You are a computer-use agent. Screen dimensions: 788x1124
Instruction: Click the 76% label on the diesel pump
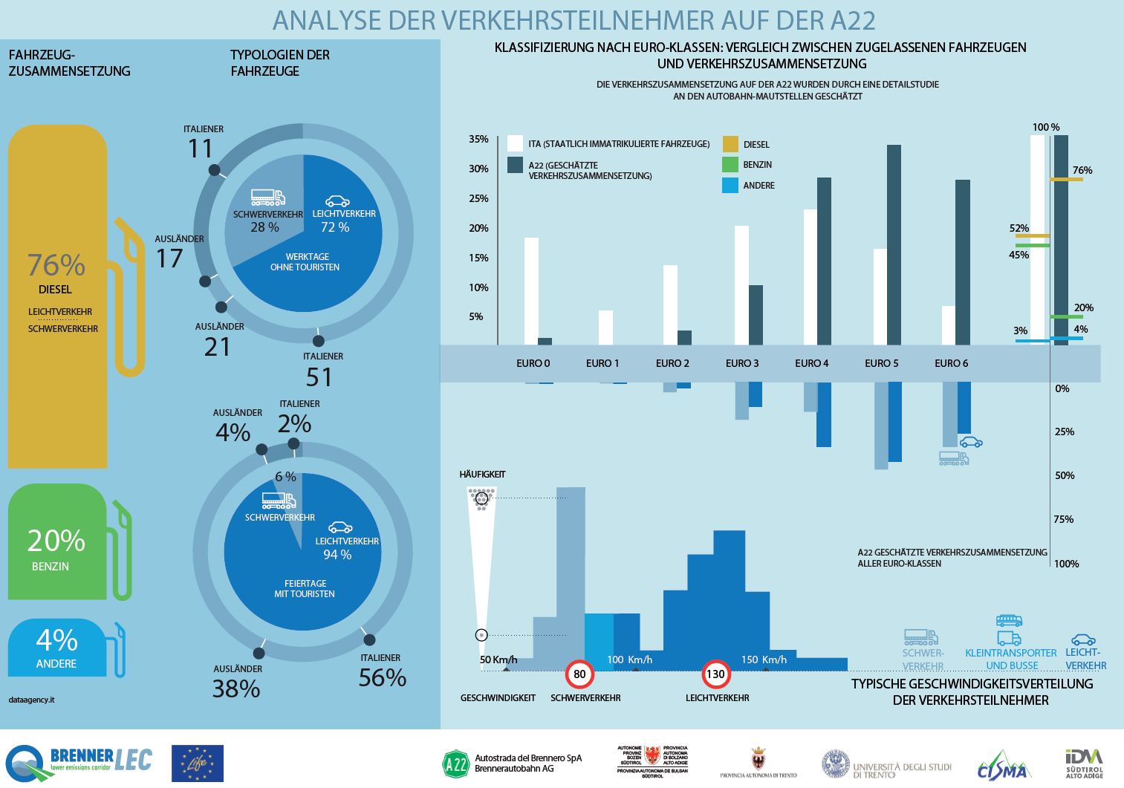pos(56,265)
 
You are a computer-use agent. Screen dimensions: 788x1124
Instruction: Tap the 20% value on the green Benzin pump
pos(56,541)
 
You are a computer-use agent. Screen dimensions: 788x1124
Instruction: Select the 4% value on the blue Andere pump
pos(56,640)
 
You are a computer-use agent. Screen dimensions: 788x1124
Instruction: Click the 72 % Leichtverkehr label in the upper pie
pos(335,227)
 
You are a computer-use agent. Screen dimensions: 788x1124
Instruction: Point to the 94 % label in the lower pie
pos(337,555)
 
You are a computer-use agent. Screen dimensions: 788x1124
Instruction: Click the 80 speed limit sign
pos(579,674)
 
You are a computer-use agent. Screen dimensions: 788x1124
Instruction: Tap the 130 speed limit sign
pos(715,674)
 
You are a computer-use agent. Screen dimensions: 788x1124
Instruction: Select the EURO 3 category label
pos(742,363)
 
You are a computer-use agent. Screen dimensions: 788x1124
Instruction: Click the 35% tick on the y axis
pos(478,139)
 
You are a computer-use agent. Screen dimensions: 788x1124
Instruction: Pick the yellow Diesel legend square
pos(730,144)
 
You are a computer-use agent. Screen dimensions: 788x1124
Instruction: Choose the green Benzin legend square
pos(730,164)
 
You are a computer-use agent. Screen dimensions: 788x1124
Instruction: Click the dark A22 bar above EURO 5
pos(894,245)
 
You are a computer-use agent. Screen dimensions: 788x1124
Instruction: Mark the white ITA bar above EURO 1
pos(605,328)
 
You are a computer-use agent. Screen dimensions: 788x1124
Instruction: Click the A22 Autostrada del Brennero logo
pos(455,763)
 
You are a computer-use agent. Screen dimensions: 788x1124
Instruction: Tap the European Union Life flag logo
pos(197,763)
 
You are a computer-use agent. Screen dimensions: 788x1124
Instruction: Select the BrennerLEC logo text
pos(100,759)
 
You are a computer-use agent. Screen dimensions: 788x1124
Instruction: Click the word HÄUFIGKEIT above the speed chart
pos(482,474)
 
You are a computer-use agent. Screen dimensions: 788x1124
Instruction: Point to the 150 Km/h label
pos(764,660)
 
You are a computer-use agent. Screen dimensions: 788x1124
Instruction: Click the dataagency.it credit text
pos(31,700)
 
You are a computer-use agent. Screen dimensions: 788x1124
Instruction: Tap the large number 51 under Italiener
pos(319,377)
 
